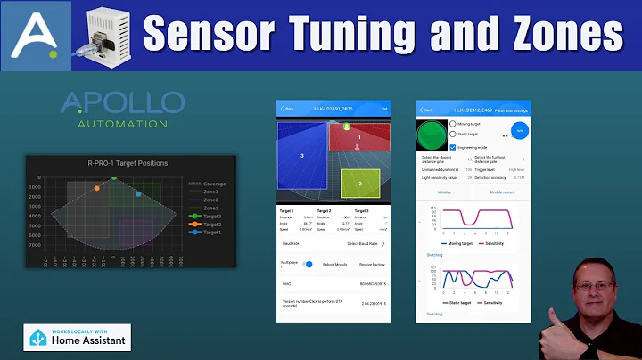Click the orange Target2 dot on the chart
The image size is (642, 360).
coord(96,188)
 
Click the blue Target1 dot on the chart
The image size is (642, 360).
coord(138,193)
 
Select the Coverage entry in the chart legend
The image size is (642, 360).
coord(210,184)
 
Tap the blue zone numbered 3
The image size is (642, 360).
coord(301,157)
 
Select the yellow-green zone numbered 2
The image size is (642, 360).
coord(360,184)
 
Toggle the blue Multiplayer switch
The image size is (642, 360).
coord(308,265)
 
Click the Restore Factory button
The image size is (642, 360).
coord(373,265)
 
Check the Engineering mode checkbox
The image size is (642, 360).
coord(453,146)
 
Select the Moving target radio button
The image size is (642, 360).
coord(453,124)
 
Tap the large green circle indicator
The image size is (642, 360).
coord(432,136)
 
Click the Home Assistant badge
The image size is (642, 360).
coord(77,336)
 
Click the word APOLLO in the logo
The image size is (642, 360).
coord(122,102)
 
